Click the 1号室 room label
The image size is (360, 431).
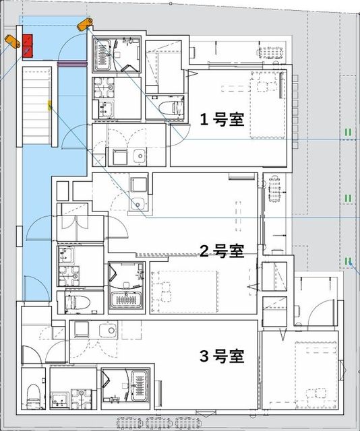click(x=221, y=119)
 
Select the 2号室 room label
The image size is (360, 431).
click(x=221, y=251)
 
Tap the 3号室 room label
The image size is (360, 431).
click(x=221, y=355)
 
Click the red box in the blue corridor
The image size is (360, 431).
click(x=28, y=45)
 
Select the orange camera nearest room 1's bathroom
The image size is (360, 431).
click(x=84, y=25)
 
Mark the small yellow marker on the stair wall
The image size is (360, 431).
click(x=49, y=105)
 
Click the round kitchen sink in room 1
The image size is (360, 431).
click(x=139, y=156)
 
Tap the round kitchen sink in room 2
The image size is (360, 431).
click(x=140, y=204)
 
